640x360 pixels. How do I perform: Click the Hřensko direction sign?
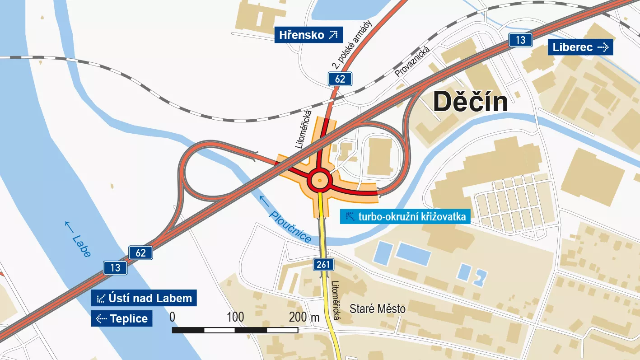tap(308, 35)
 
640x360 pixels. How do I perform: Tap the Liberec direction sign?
tap(580, 47)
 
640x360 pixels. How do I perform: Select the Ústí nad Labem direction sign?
tap(144, 298)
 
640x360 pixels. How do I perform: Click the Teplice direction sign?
tap(121, 318)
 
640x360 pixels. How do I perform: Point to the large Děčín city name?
tap(470, 102)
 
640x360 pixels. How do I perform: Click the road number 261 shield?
tap(323, 264)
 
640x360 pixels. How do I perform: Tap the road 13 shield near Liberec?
tap(520, 40)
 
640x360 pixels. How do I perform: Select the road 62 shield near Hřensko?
tap(340, 79)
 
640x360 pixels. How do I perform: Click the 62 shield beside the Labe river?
tap(140, 253)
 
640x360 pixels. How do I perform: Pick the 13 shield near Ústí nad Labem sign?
tap(115, 268)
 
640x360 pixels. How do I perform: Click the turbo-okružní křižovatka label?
tap(405, 217)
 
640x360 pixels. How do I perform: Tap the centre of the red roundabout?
tap(320, 181)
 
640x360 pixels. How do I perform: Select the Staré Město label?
tap(378, 309)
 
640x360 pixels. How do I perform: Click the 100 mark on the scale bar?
tap(235, 317)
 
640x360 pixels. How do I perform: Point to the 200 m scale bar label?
tap(304, 317)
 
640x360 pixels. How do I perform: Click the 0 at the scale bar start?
tap(172, 317)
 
